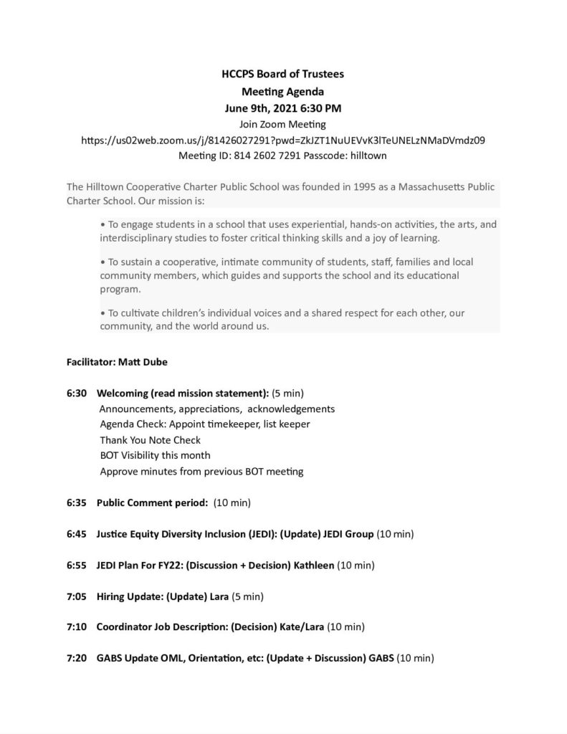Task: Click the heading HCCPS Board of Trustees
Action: click(282, 74)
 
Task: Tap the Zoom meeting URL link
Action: click(283, 140)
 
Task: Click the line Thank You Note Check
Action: click(151, 440)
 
